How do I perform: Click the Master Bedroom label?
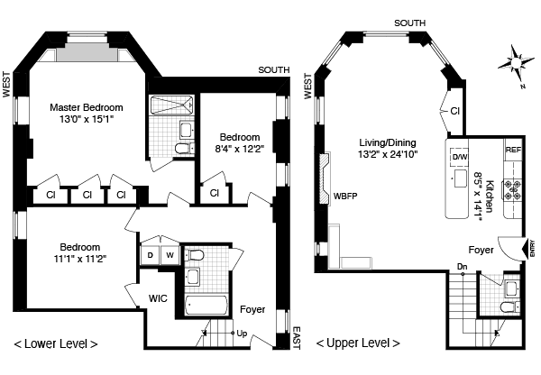(x=87, y=107)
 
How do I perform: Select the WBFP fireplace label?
(x=345, y=197)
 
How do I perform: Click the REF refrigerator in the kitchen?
(x=513, y=150)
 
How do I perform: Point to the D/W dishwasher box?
(x=459, y=158)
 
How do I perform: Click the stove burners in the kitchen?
(x=512, y=190)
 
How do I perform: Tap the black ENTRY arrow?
(x=526, y=249)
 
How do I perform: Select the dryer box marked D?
(x=150, y=255)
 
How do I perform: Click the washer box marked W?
(x=170, y=255)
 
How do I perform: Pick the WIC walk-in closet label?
(x=158, y=298)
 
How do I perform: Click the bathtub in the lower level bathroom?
(x=206, y=305)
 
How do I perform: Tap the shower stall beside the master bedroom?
(x=171, y=105)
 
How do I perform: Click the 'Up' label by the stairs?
(x=242, y=334)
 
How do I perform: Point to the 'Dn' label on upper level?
(x=462, y=267)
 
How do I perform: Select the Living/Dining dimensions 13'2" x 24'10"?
(x=388, y=154)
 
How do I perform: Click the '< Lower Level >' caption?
(x=56, y=343)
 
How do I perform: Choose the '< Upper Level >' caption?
(x=358, y=343)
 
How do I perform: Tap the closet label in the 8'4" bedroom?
(x=215, y=193)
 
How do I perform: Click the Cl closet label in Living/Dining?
(x=455, y=111)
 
